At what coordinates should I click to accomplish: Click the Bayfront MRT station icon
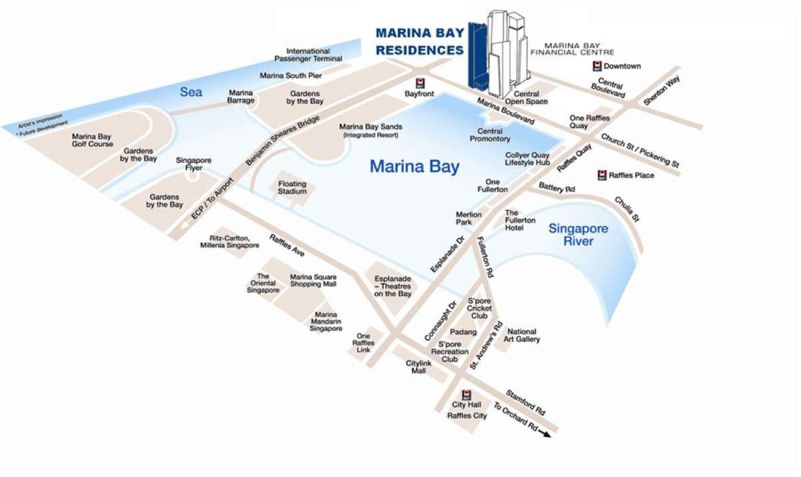pyautogui.click(x=420, y=83)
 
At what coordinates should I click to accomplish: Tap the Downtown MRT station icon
pyautogui.click(x=596, y=66)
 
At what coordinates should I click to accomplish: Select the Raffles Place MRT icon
pyautogui.click(x=601, y=175)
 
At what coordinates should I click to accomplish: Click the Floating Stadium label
pyautogui.click(x=292, y=187)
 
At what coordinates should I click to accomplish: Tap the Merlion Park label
pyautogui.click(x=464, y=218)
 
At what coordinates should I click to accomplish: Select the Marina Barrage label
pyautogui.click(x=242, y=97)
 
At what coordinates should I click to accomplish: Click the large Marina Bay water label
pyautogui.click(x=415, y=166)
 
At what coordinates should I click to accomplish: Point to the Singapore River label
pyautogui.click(x=578, y=235)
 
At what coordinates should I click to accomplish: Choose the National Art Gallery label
pyautogui.click(x=522, y=336)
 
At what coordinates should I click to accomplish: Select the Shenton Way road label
pyautogui.click(x=657, y=91)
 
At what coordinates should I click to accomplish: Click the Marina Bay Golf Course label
pyautogui.click(x=92, y=140)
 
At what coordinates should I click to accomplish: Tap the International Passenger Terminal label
pyautogui.click(x=308, y=55)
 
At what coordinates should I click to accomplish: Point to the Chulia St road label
pyautogui.click(x=627, y=208)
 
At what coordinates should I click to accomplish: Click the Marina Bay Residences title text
pyautogui.click(x=420, y=41)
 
